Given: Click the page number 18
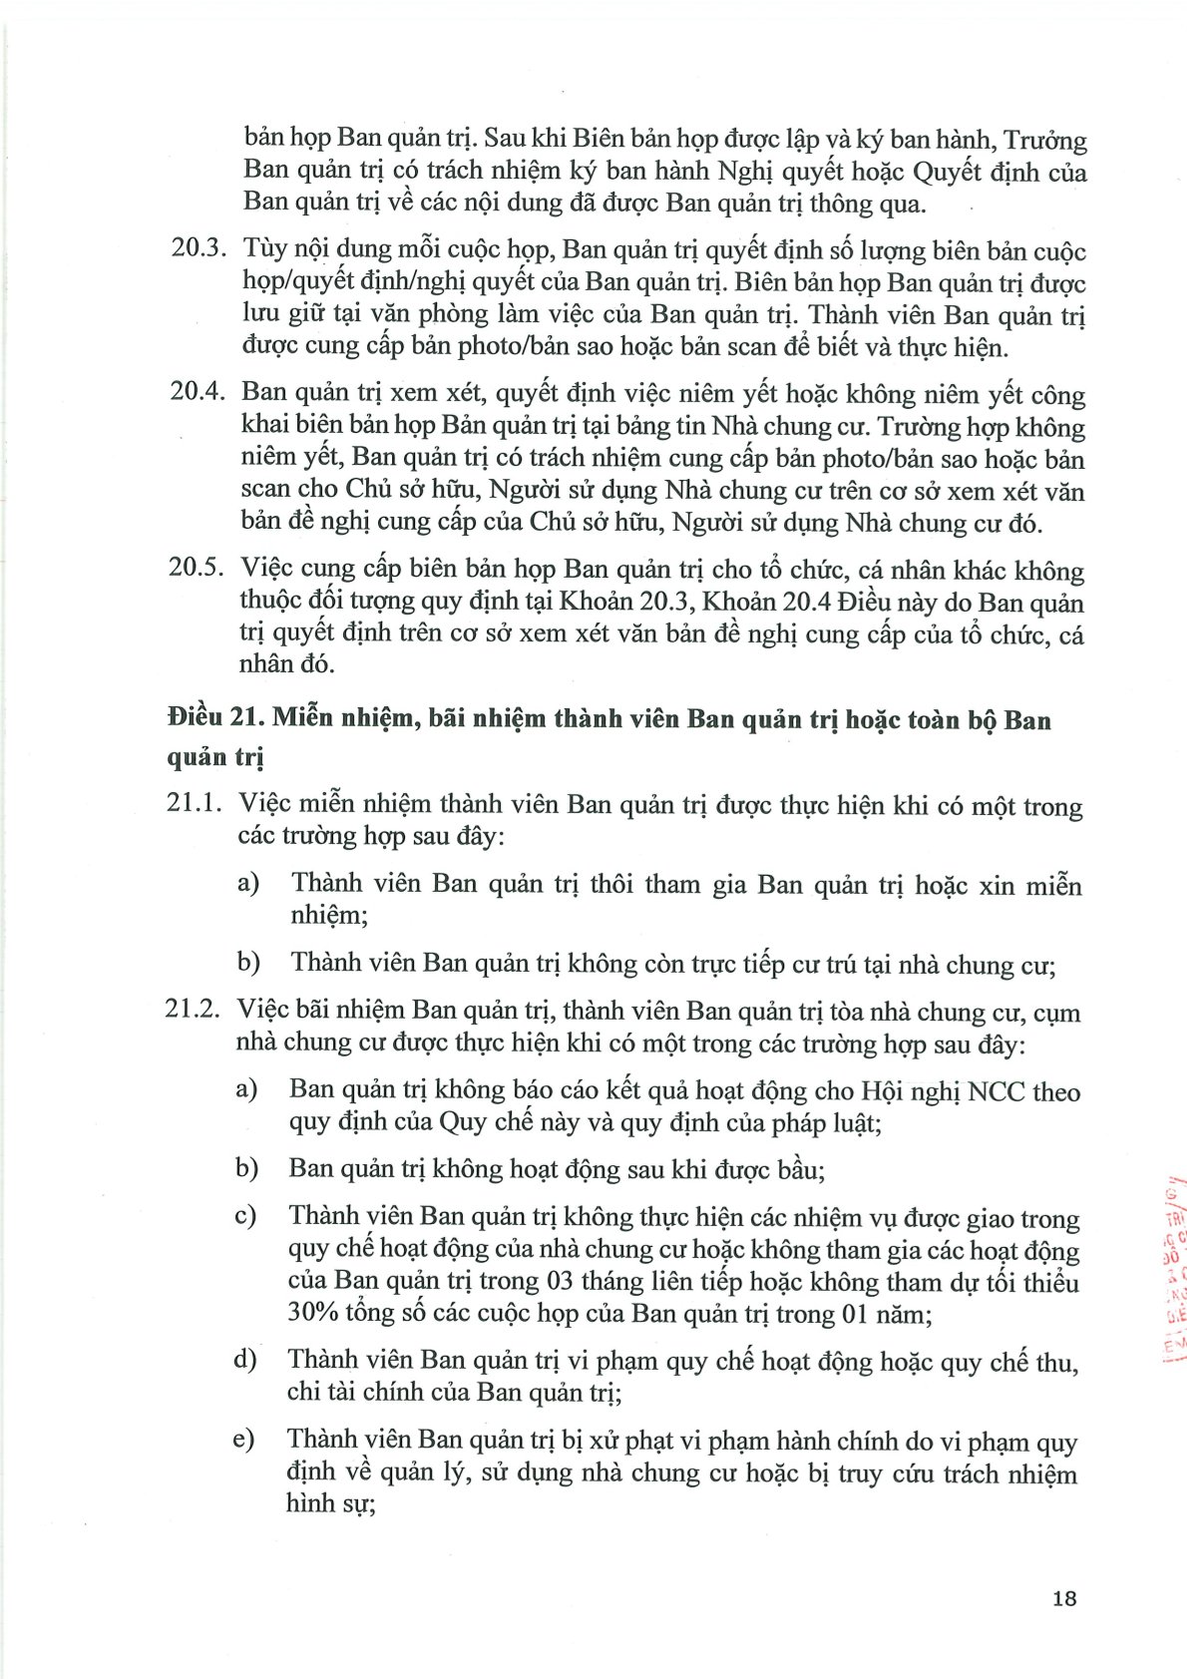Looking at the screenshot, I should [x=1064, y=1598].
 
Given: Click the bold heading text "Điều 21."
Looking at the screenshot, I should [x=214, y=718].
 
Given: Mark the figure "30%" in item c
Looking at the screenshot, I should [x=313, y=1312].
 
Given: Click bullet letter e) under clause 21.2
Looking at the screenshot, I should [x=244, y=1440].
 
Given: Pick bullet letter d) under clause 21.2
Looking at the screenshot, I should [x=244, y=1359].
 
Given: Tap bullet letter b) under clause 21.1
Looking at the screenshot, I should [x=248, y=962].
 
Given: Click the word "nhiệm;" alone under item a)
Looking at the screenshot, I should [x=329, y=915].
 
